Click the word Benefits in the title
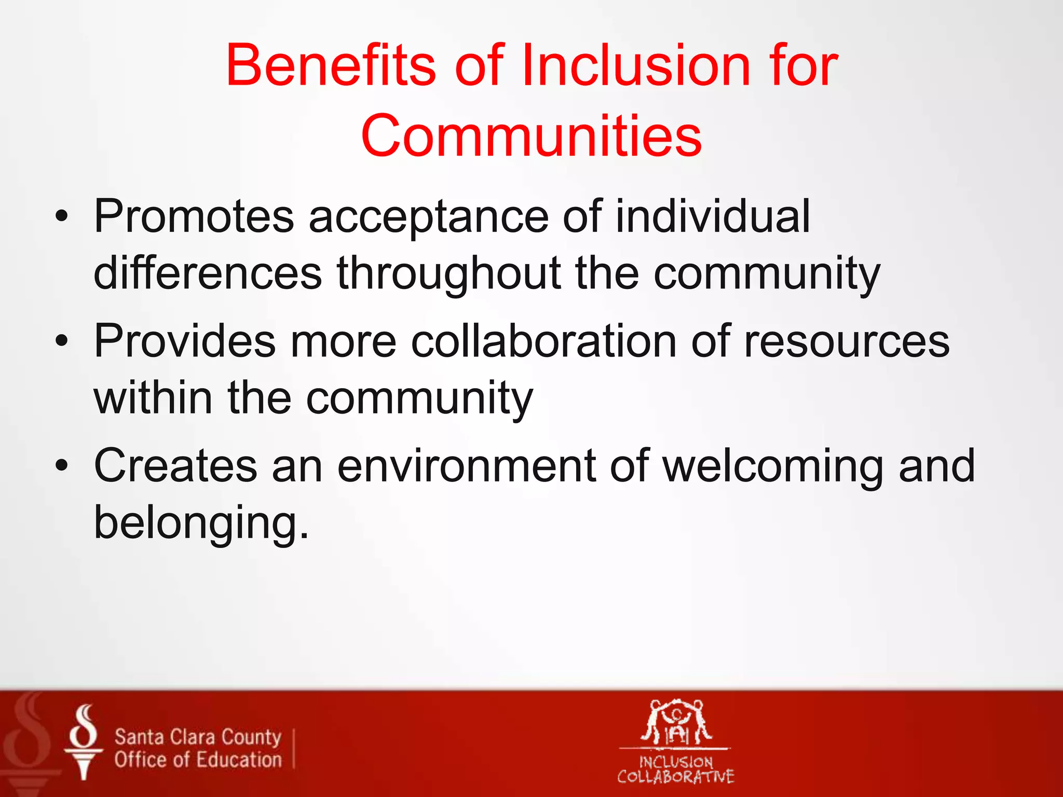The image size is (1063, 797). point(330,66)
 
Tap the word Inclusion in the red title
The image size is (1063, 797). point(636,66)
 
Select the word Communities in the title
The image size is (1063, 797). point(531,136)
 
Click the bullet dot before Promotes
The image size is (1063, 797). point(62,217)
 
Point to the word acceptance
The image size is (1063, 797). point(429,217)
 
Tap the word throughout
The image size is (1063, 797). point(449,274)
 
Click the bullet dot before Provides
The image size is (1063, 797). point(62,341)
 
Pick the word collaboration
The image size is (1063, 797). point(544,341)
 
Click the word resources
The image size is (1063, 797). point(846,341)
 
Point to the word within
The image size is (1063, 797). point(153,398)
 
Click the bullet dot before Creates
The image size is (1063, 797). point(62,466)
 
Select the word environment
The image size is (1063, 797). point(466,466)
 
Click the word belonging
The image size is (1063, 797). point(201,523)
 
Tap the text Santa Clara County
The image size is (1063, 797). point(198,737)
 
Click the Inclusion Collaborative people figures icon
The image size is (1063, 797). point(676,722)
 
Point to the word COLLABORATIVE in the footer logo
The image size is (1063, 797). point(675,777)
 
